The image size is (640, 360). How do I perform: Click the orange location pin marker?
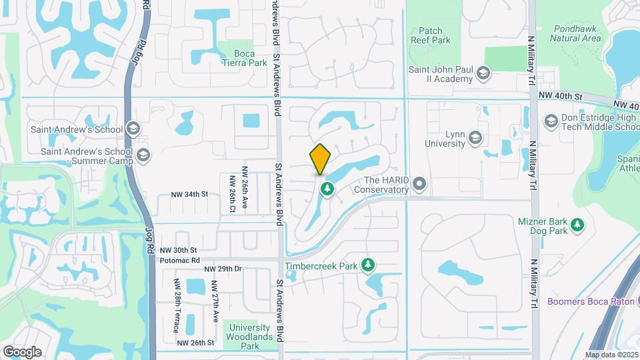[321, 159]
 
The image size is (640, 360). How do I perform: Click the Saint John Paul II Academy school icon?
[485, 73]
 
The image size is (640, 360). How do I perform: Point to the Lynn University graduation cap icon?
[475, 138]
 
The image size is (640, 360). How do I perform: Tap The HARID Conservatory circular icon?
[419, 183]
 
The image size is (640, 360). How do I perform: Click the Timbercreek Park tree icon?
[367, 265]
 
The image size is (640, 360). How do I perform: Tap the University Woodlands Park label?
[250, 337]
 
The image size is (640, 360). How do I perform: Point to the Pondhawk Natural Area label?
[577, 33]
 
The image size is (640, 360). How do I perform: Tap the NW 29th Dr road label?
[223, 269]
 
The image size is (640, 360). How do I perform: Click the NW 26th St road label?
[195, 343]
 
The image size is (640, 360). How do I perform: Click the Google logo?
[22, 351]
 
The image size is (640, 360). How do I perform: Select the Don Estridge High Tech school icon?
[551, 121]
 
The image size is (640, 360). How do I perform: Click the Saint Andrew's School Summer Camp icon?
[142, 156]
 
